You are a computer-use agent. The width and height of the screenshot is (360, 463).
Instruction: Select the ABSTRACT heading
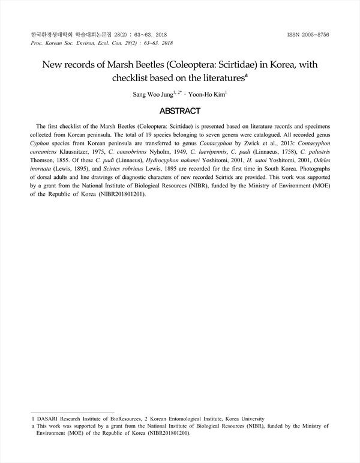[x=179, y=110]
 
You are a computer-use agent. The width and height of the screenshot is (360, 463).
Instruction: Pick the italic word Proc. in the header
[x=37, y=44]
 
